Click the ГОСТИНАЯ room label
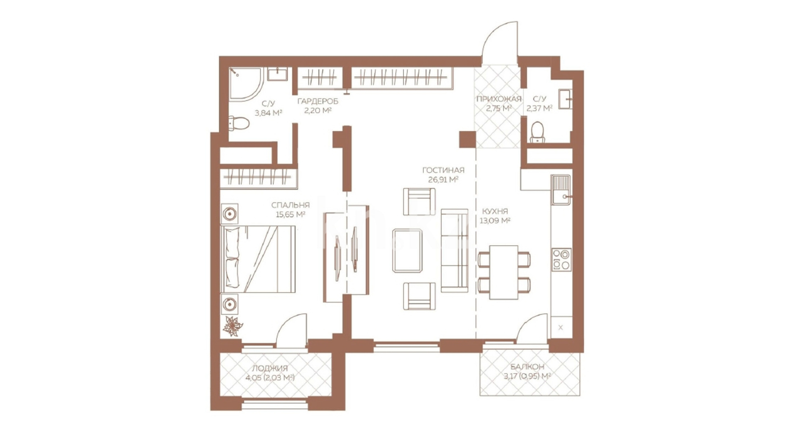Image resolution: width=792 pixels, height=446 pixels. pyautogui.click(x=443, y=170)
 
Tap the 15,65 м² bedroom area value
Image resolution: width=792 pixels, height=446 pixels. pyautogui.click(x=290, y=214)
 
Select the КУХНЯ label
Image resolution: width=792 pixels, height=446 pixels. pyautogui.click(x=495, y=211)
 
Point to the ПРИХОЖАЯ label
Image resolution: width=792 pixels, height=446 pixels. pyautogui.click(x=499, y=99)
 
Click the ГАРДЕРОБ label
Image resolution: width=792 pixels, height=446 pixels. pyautogui.click(x=318, y=101)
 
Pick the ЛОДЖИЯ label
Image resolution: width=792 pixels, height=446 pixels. pyautogui.click(x=270, y=368)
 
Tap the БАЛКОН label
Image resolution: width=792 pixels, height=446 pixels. pyautogui.click(x=527, y=367)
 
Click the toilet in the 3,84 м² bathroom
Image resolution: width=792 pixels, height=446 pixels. pyautogui.click(x=239, y=123)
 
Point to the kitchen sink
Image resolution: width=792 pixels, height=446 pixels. pyautogui.click(x=561, y=190)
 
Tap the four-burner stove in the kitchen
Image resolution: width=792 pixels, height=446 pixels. pyautogui.click(x=561, y=259)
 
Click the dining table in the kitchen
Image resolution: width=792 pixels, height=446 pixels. pyautogui.click(x=504, y=272)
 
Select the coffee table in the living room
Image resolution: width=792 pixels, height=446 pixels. pyautogui.click(x=407, y=251)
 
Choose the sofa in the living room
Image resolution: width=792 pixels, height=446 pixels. pyautogui.click(x=455, y=251)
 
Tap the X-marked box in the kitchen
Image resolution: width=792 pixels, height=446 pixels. pyautogui.click(x=561, y=327)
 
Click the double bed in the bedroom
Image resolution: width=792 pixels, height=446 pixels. pyautogui.click(x=259, y=259)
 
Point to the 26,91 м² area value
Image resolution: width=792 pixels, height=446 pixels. pyautogui.click(x=443, y=180)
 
